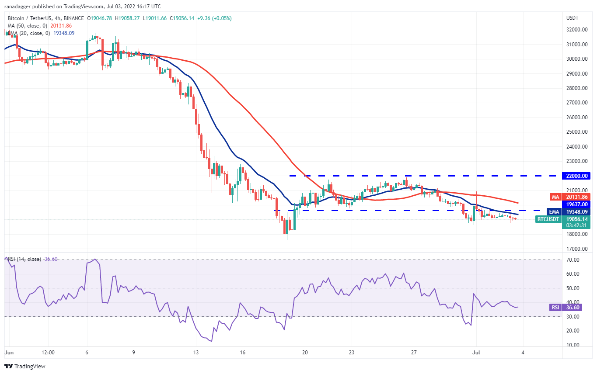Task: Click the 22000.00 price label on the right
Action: [578, 176]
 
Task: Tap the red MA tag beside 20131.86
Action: [555, 197]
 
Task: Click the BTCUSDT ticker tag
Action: [548, 219]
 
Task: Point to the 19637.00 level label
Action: [578, 204]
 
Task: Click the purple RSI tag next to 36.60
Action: [555, 307]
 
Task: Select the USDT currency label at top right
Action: [573, 18]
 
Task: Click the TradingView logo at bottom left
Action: [25, 366]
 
